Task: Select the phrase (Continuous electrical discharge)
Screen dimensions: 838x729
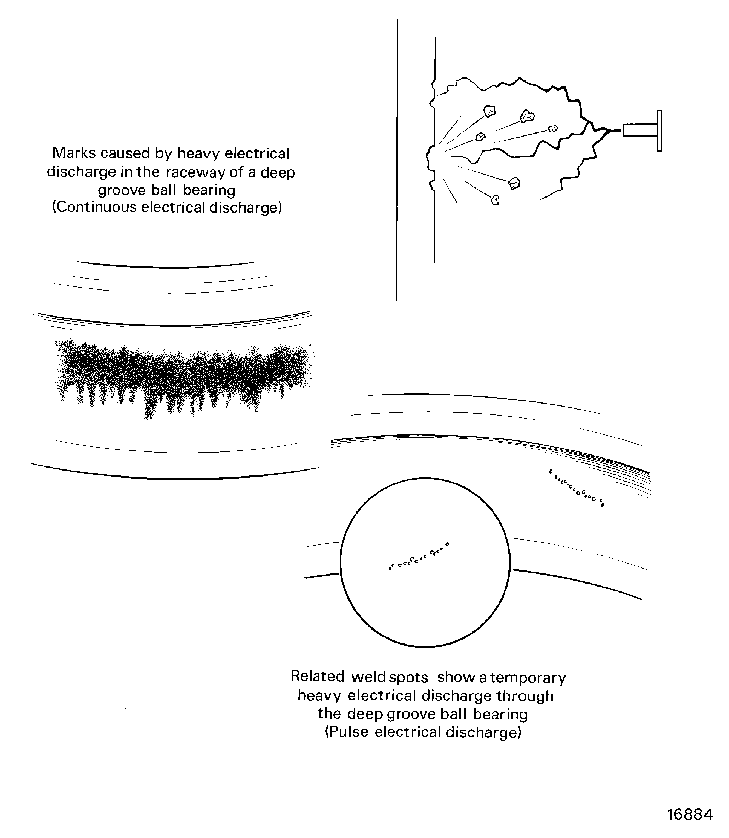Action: pyautogui.click(x=167, y=208)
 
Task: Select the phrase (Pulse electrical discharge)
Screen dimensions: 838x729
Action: pyautogui.click(x=423, y=732)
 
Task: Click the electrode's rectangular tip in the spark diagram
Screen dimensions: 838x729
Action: pyautogui.click(x=639, y=130)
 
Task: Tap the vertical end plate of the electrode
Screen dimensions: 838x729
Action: pyautogui.click(x=659, y=131)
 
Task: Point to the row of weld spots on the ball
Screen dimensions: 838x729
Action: pyautogui.click(x=419, y=556)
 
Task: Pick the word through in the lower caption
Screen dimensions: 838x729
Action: pyautogui.click(x=525, y=696)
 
